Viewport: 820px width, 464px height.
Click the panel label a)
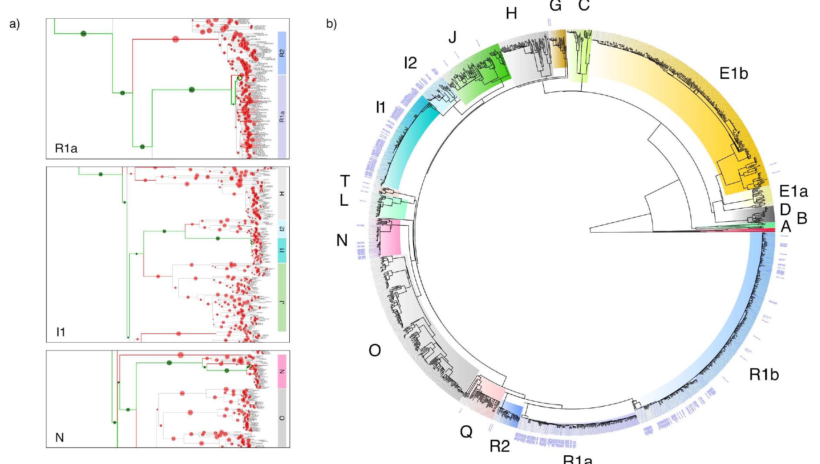coord(14,24)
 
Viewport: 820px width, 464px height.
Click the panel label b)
coord(331,24)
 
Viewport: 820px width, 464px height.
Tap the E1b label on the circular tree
coord(733,73)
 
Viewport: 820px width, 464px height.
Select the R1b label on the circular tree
coord(763,374)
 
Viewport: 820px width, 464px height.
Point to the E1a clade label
coord(793,191)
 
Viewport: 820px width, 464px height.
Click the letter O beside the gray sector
coord(375,351)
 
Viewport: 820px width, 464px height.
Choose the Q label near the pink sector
coord(466,432)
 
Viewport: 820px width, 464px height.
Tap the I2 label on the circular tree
coord(410,63)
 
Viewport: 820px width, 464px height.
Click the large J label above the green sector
coord(452,38)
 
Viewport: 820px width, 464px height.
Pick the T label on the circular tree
coord(345,181)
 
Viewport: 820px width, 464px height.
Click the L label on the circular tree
coord(344,200)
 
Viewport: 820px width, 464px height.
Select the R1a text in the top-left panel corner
coord(66,149)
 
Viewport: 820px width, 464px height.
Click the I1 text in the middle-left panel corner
coord(61,332)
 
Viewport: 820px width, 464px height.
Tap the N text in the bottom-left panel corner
coord(60,437)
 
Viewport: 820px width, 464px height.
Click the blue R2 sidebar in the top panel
coord(281,53)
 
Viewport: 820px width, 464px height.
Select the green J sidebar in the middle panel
coord(281,297)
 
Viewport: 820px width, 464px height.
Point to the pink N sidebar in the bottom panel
coord(281,371)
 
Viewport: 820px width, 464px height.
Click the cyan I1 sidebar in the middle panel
coord(281,250)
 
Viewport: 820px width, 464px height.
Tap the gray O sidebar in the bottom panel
coord(281,417)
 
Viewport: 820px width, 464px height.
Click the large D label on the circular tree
coord(785,210)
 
